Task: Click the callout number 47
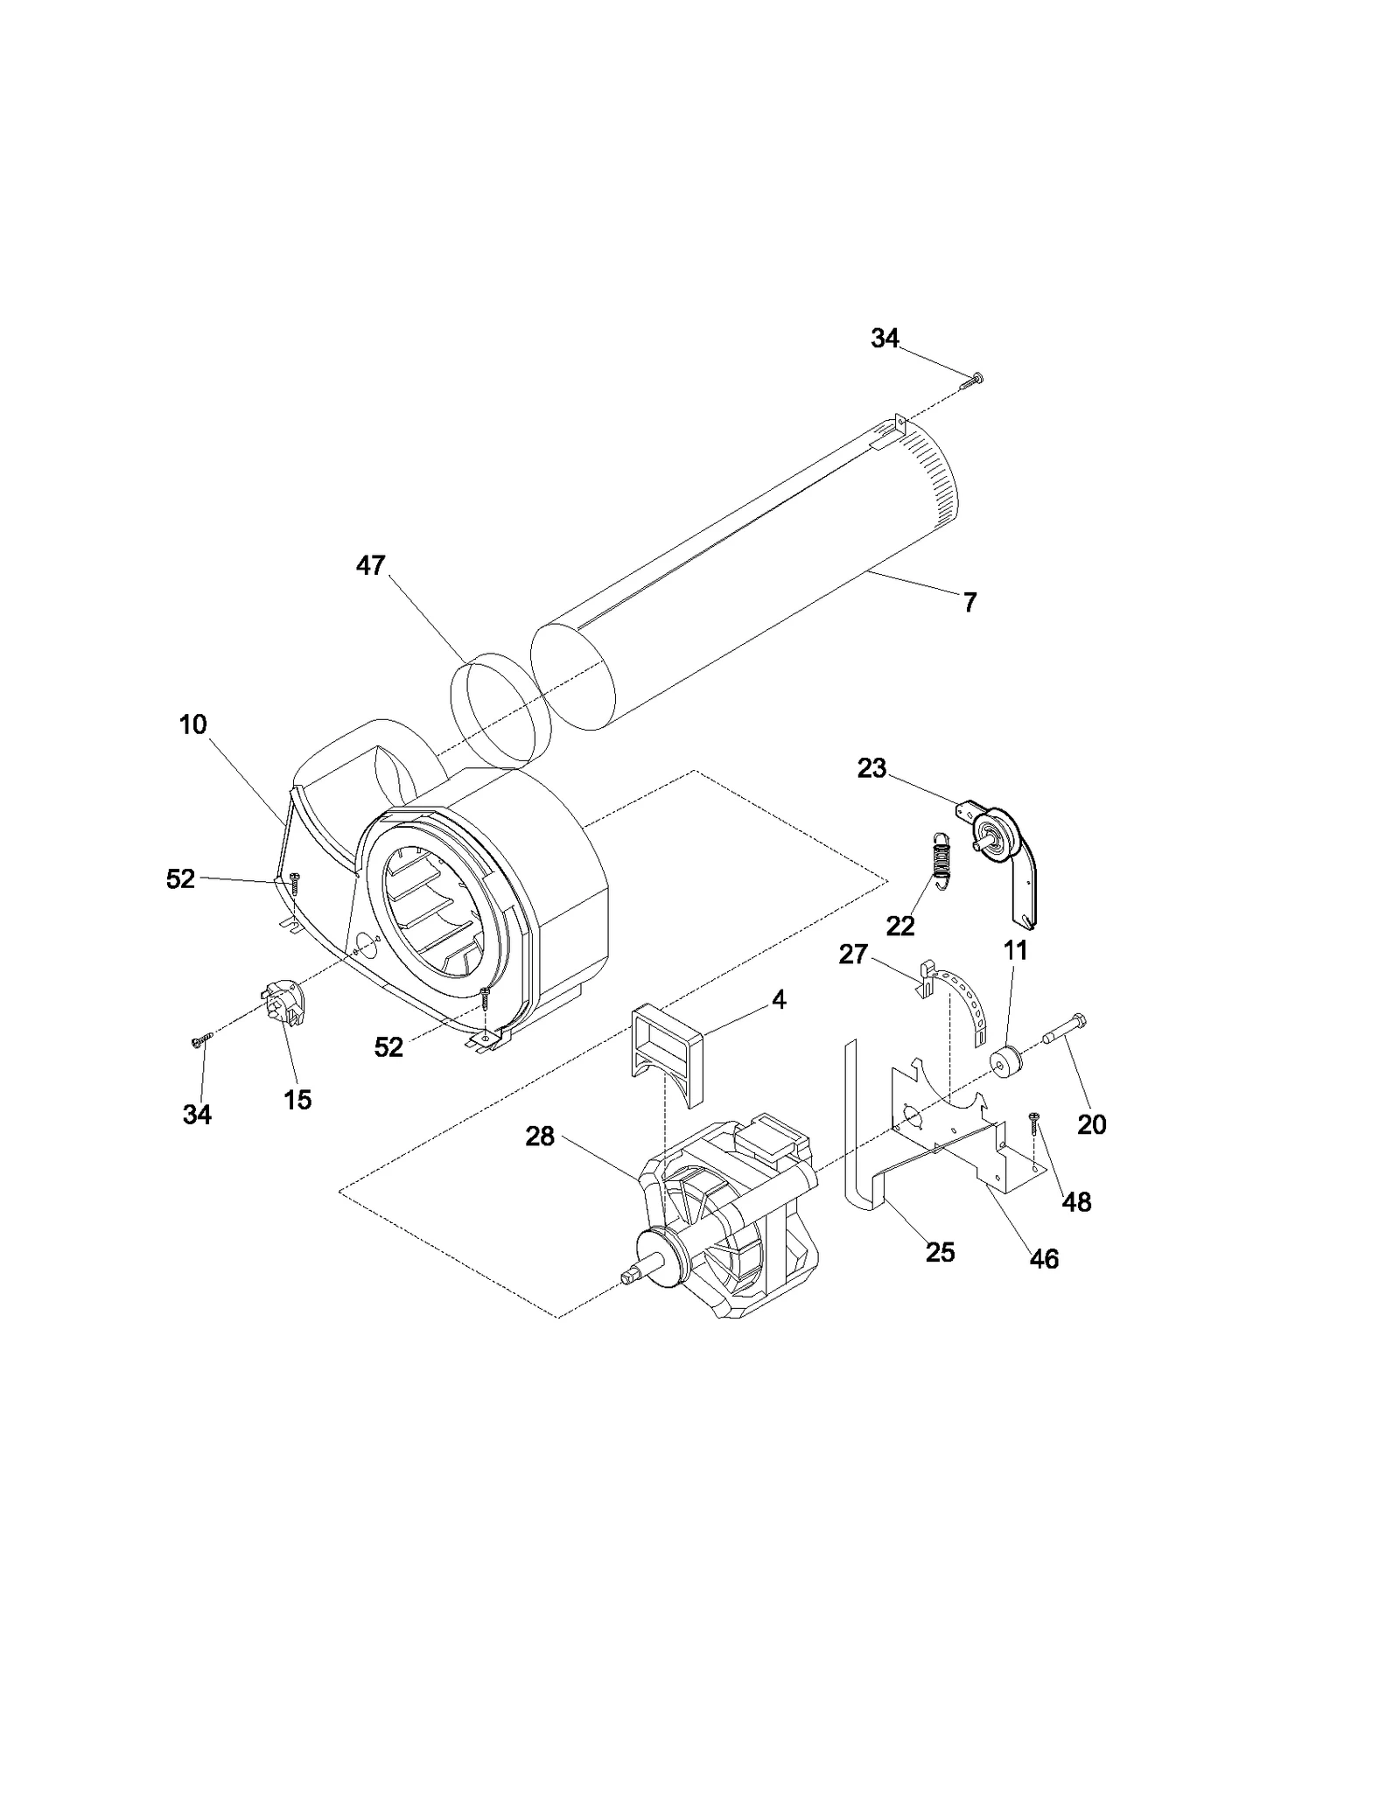370,566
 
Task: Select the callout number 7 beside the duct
969,602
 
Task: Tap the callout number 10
192,724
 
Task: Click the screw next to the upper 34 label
973,379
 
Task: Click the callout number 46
1043,1259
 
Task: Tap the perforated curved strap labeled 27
967,1001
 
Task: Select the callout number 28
540,1137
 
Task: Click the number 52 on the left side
180,879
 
